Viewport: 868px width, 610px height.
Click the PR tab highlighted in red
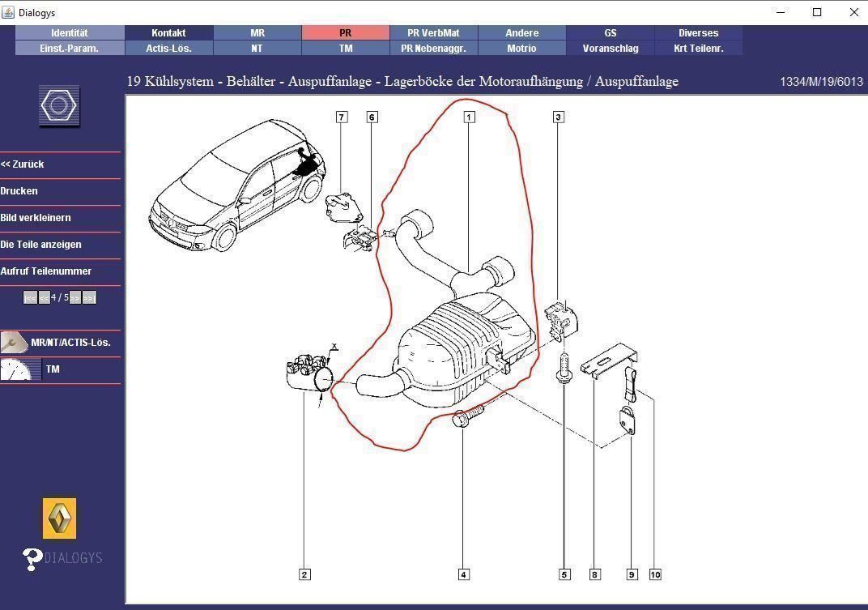(x=346, y=33)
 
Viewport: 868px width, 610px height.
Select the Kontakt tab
(x=168, y=33)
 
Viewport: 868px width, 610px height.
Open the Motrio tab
(x=521, y=49)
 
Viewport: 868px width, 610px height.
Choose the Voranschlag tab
(x=611, y=49)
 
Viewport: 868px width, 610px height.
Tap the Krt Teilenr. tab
(x=698, y=49)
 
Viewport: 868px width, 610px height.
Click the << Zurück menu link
(x=23, y=164)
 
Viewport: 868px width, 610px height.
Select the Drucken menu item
(x=19, y=191)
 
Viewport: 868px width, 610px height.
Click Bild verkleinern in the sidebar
(x=36, y=218)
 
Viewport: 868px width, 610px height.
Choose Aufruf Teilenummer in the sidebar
(x=46, y=271)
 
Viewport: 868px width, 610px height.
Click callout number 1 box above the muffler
(x=469, y=117)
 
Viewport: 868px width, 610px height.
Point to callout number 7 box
(x=342, y=117)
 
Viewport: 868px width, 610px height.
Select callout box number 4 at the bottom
(x=464, y=574)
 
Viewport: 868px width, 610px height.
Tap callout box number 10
(x=655, y=574)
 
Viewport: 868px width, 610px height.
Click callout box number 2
(x=304, y=574)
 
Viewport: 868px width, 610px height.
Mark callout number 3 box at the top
(x=558, y=117)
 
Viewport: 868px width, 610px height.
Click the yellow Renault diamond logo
(x=60, y=518)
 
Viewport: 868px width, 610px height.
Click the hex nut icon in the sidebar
(x=60, y=107)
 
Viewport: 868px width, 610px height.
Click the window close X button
(x=854, y=12)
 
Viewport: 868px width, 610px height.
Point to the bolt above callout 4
(x=466, y=420)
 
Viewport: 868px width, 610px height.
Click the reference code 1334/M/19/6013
(x=821, y=82)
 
